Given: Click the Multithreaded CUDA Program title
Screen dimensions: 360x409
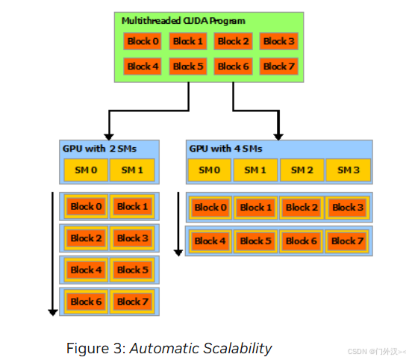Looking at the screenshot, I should (184, 21).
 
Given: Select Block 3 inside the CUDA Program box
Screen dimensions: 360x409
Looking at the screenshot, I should (278, 42).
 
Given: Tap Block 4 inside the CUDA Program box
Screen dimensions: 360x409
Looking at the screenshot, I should (142, 66).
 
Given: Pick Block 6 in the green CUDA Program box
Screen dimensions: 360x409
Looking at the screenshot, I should (233, 66).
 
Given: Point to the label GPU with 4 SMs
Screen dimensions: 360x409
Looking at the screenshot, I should (225, 149).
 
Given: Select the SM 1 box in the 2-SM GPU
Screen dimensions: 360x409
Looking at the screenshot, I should (131, 170).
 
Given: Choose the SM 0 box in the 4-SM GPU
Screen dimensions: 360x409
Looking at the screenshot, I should (209, 170).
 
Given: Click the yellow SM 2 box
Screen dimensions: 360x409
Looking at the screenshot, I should (302, 170).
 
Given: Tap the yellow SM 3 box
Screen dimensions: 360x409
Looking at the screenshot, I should (348, 170).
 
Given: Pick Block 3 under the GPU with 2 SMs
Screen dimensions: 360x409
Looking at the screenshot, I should (132, 239).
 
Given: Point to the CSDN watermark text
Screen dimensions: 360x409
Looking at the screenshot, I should (378, 351).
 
